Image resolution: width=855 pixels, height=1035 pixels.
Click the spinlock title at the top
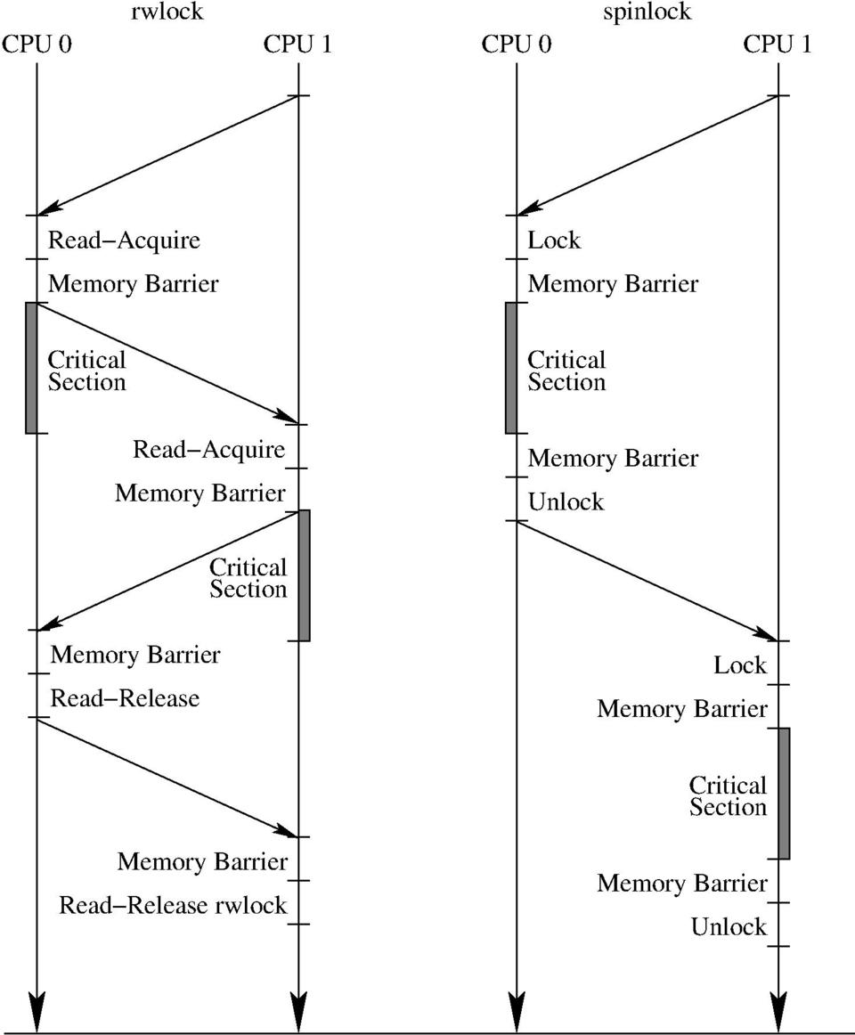point(647,12)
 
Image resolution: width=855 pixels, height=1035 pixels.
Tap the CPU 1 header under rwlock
point(297,45)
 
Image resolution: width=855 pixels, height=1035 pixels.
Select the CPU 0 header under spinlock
point(516,45)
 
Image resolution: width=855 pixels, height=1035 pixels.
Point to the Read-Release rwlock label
point(173,906)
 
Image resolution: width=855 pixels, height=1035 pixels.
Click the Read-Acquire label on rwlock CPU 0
point(124,240)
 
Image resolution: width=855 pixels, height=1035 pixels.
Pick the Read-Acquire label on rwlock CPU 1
point(209,450)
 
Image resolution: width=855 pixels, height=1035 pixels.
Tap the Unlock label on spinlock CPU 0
point(566,502)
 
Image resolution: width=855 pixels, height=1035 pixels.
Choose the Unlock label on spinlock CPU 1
point(729,927)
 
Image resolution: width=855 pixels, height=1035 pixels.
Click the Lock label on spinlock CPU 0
point(554,240)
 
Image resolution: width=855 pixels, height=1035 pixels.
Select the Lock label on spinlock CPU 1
point(739,665)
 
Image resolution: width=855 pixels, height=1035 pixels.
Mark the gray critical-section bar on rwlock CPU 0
point(31,368)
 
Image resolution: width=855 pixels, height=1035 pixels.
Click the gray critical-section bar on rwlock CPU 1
point(304,575)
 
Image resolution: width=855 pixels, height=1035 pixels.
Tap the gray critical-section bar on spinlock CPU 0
point(510,368)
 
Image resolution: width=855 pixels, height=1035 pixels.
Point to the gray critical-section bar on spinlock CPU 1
point(784,793)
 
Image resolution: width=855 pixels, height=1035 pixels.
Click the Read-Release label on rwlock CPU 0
point(125,698)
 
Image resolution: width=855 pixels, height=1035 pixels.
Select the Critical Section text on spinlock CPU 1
point(728,796)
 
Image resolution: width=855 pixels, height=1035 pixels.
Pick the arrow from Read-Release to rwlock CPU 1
point(167,778)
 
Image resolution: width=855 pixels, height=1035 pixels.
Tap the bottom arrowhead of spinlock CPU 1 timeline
point(779,1014)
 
